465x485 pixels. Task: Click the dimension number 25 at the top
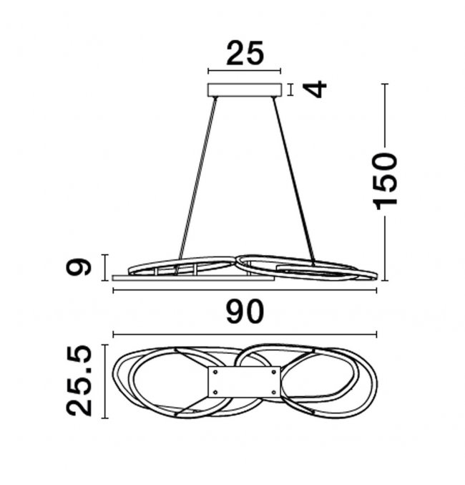(x=245, y=54)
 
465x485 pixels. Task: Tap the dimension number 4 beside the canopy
(x=315, y=89)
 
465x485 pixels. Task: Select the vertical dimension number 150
(x=386, y=181)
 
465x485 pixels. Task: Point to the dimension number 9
(x=79, y=267)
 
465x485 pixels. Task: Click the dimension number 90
(x=245, y=312)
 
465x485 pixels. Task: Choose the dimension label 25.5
(x=79, y=381)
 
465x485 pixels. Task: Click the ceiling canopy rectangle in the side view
(x=245, y=90)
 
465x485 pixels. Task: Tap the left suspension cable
(x=197, y=178)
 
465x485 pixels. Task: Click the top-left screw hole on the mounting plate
(x=215, y=373)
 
